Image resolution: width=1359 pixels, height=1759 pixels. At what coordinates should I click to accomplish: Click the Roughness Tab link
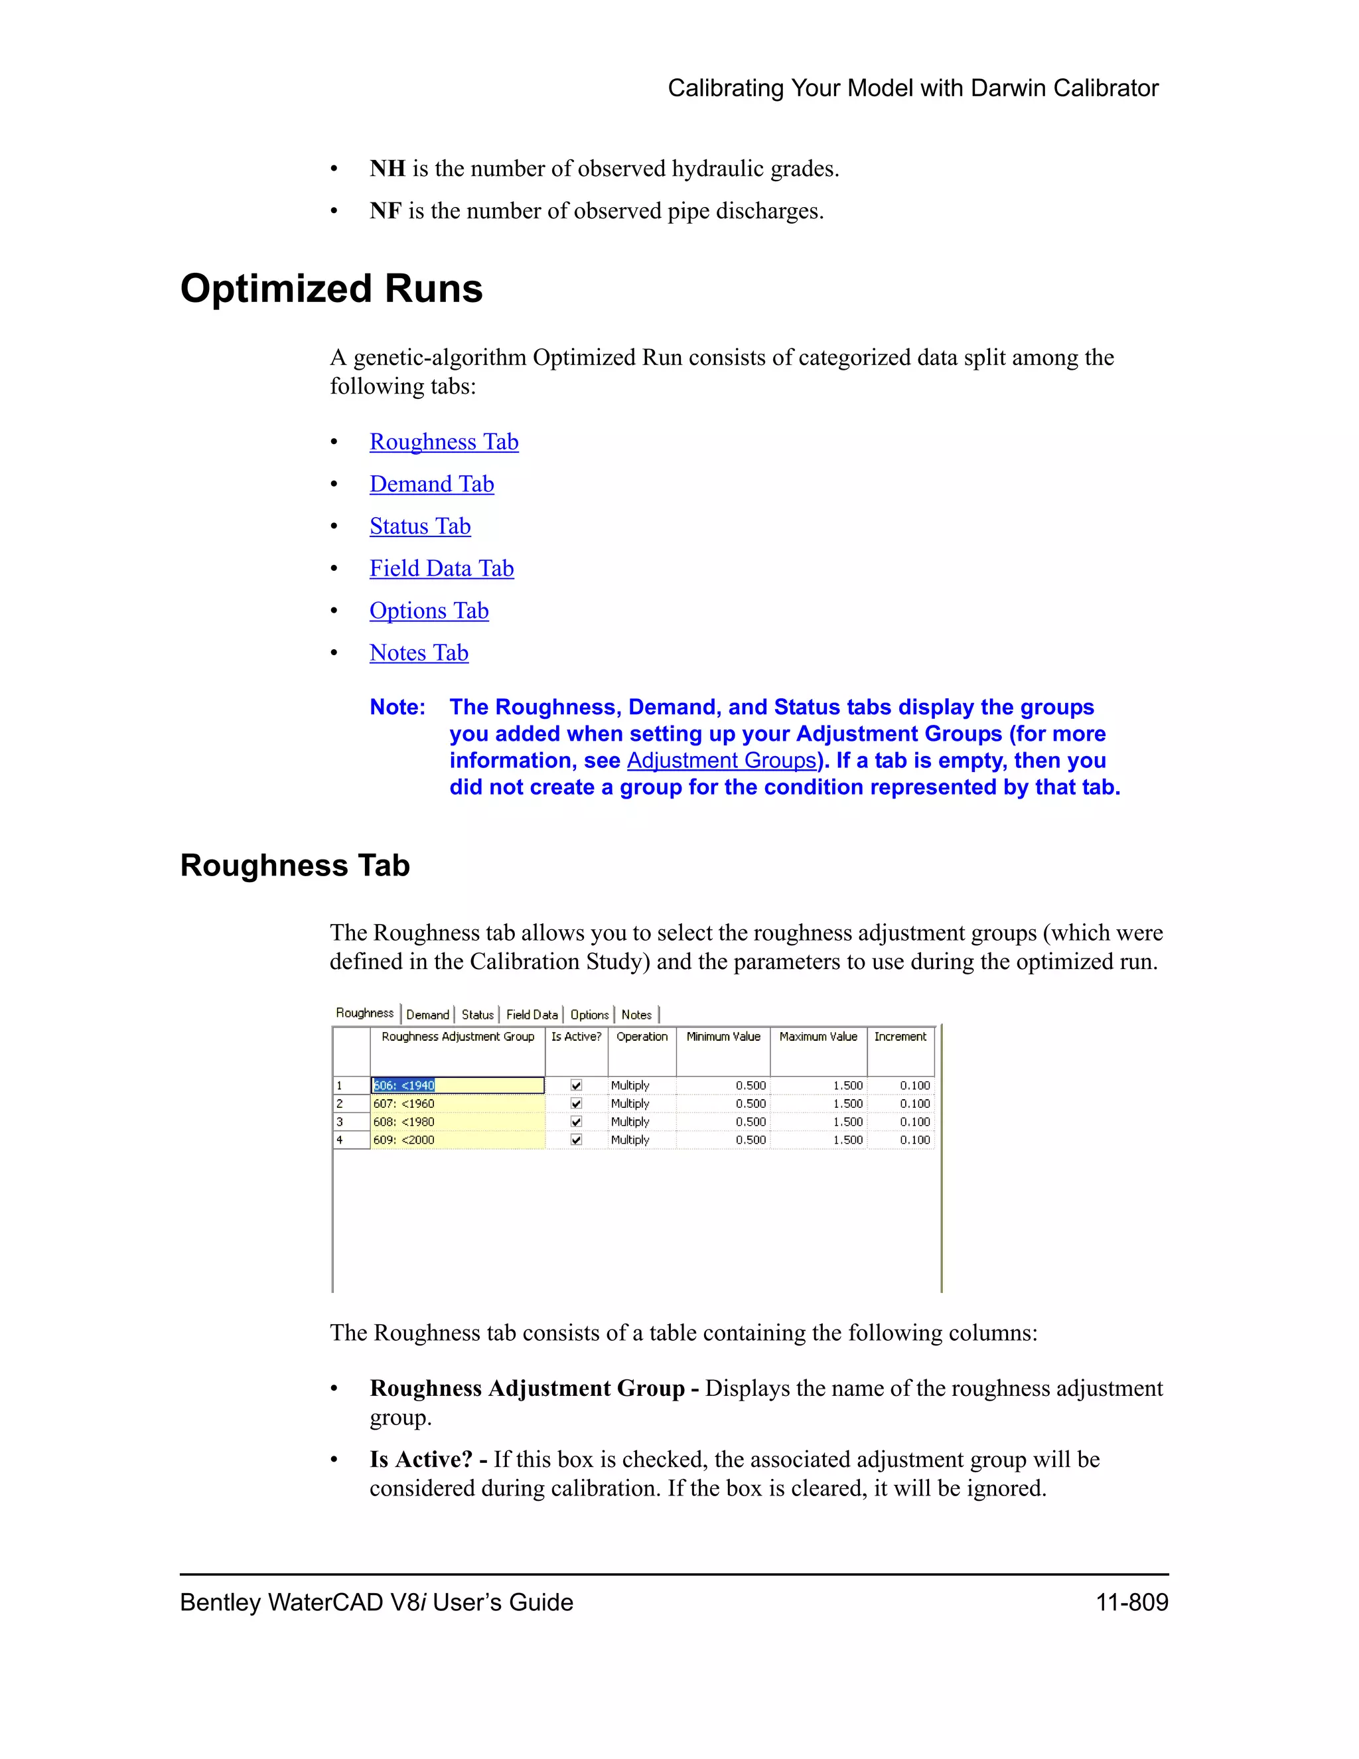(x=444, y=442)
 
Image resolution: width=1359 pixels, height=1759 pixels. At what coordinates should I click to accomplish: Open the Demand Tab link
(x=431, y=484)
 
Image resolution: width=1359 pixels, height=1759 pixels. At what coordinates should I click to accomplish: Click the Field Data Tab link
(x=441, y=569)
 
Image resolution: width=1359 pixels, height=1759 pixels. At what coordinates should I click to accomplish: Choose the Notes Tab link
(x=419, y=653)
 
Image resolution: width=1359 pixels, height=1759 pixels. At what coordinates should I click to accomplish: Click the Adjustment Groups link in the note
(x=721, y=760)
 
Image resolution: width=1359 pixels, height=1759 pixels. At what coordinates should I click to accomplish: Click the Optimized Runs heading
(x=331, y=288)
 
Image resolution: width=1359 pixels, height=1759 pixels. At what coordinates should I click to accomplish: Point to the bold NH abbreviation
(x=388, y=169)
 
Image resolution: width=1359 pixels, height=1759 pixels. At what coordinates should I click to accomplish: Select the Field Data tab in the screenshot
(x=532, y=1015)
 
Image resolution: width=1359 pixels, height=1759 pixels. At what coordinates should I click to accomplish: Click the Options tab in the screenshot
(x=589, y=1015)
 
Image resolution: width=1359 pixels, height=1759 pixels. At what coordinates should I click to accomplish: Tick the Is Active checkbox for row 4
(x=577, y=1140)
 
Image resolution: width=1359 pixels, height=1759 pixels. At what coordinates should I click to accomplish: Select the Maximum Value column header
(x=818, y=1037)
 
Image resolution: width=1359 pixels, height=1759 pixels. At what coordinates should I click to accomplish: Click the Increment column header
(x=900, y=1037)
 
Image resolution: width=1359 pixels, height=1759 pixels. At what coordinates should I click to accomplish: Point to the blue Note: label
(x=397, y=707)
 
